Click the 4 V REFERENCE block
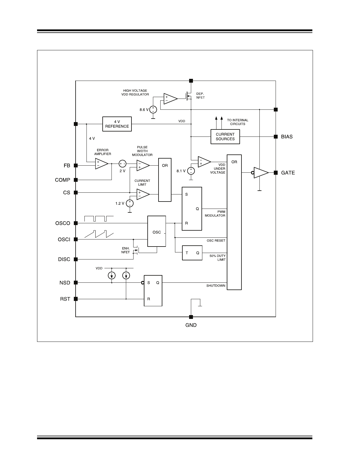(x=117, y=124)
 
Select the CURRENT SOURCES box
(x=225, y=137)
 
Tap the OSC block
(x=156, y=232)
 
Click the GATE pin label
(x=288, y=173)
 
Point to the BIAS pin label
(x=287, y=137)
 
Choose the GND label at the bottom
(x=191, y=325)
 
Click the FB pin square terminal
(x=76, y=166)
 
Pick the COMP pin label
(x=63, y=180)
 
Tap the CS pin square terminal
(x=76, y=193)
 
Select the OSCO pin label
(x=63, y=223)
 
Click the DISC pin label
(x=64, y=259)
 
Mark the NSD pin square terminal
(x=76, y=283)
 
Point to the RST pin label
(x=65, y=299)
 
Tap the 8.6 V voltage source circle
(x=153, y=110)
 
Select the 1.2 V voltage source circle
(x=129, y=203)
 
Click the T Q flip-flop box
(x=192, y=253)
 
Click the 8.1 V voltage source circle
(x=191, y=171)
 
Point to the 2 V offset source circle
(x=122, y=164)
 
